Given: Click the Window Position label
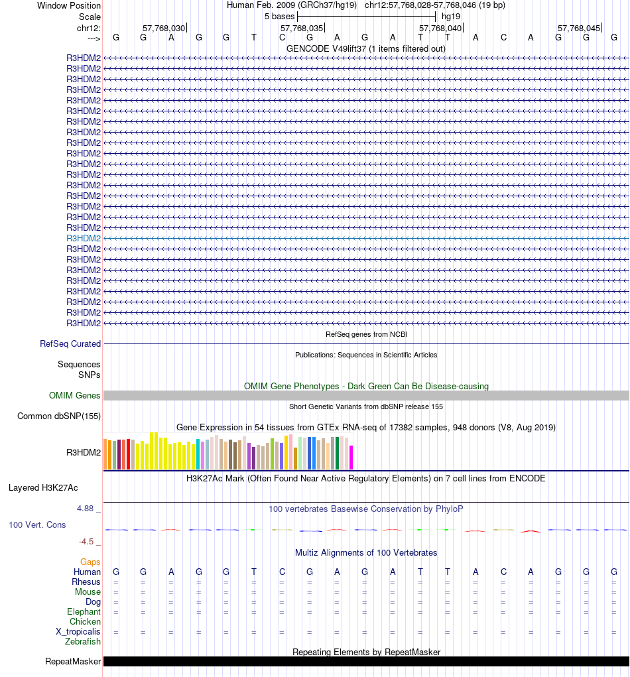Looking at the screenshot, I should (x=69, y=5).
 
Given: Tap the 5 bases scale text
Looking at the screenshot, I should (x=279, y=16).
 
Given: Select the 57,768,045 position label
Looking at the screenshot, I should (x=579, y=28).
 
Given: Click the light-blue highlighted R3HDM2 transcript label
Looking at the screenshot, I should (x=84, y=238).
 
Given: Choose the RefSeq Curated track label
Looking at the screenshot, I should (x=70, y=344).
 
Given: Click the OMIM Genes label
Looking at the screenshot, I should (x=75, y=396).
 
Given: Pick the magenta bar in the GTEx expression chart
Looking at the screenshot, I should (x=351, y=458).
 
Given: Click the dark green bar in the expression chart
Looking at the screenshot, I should (x=337, y=453).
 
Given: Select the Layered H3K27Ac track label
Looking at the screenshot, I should (x=43, y=488).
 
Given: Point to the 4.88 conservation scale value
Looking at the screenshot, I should (x=89, y=509).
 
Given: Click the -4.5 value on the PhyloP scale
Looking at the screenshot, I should (x=90, y=541).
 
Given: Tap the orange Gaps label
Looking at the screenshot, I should (x=90, y=562).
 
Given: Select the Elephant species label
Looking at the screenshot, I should (x=84, y=612).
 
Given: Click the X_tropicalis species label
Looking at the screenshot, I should (x=78, y=632).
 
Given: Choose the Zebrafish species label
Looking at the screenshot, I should (x=83, y=642).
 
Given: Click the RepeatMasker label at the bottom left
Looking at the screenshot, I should (x=73, y=662).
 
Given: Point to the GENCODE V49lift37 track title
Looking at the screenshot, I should (x=365, y=48).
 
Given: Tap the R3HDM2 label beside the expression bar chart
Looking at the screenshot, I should (x=84, y=453).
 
